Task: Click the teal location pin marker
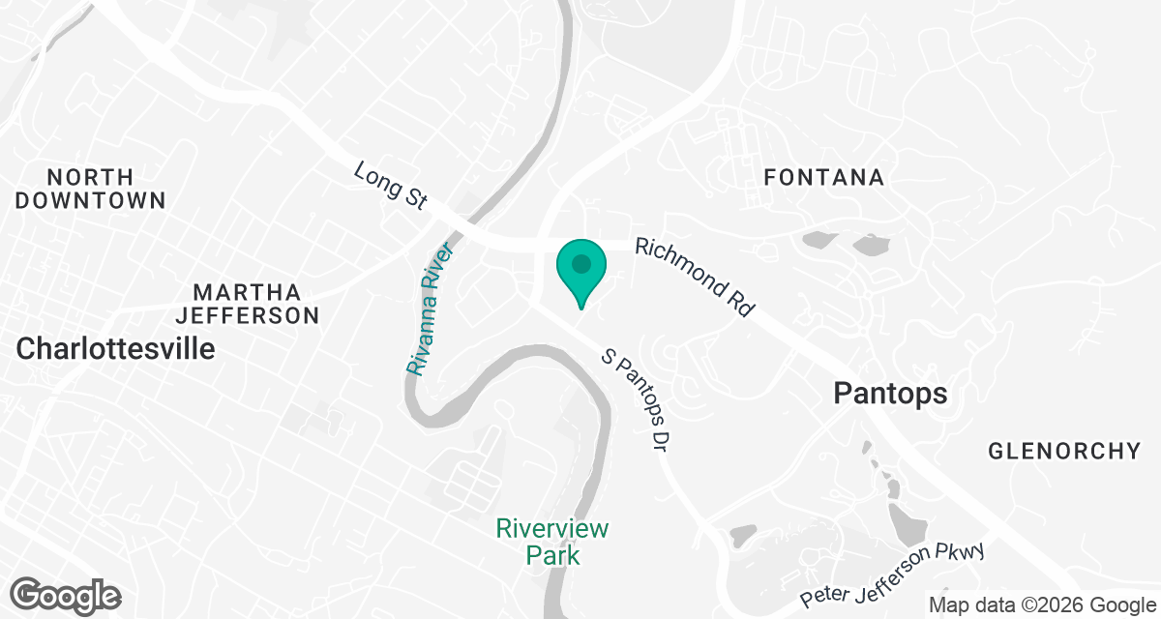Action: [x=580, y=271]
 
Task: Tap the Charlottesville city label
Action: [x=116, y=348]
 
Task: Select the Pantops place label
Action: [x=890, y=394]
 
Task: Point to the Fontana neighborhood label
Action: [x=823, y=178]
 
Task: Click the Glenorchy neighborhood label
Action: [x=1064, y=451]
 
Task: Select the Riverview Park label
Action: [x=552, y=542]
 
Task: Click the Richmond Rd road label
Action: [x=694, y=280]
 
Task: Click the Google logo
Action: [x=67, y=594]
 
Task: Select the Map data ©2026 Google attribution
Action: [x=1043, y=604]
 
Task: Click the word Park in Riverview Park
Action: [x=552, y=555]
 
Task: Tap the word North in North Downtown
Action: [x=90, y=178]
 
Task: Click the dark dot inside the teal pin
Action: [x=580, y=262]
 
